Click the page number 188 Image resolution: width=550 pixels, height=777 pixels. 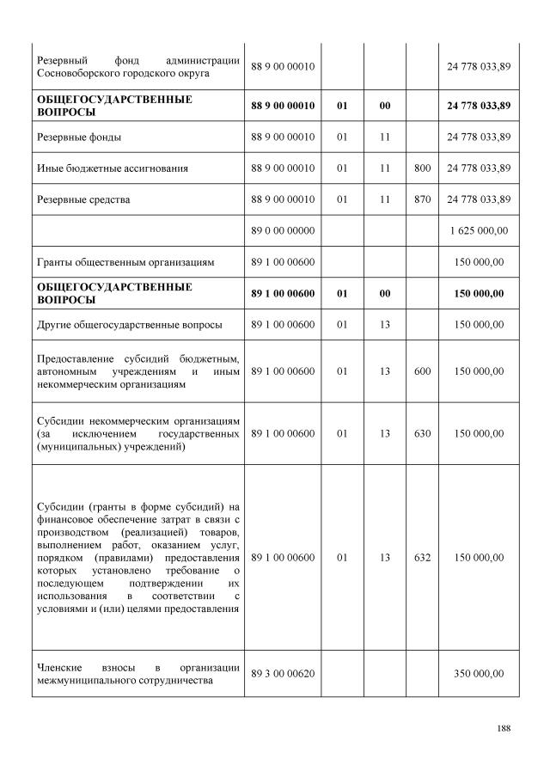504,729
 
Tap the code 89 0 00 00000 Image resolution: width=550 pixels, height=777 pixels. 283,230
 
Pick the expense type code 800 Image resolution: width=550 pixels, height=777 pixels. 422,168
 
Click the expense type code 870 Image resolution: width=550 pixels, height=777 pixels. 422,199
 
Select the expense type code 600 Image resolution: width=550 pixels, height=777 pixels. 422,371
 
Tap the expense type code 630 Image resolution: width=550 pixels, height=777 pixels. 422,434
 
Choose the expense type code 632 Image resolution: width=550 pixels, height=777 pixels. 422,558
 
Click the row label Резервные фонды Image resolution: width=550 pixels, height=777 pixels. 78,138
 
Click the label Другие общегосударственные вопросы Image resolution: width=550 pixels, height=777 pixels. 129,325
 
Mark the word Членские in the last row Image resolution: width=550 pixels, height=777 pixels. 59,667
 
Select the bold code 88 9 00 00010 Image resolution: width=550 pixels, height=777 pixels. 283,106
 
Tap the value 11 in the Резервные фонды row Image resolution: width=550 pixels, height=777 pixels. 385,138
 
